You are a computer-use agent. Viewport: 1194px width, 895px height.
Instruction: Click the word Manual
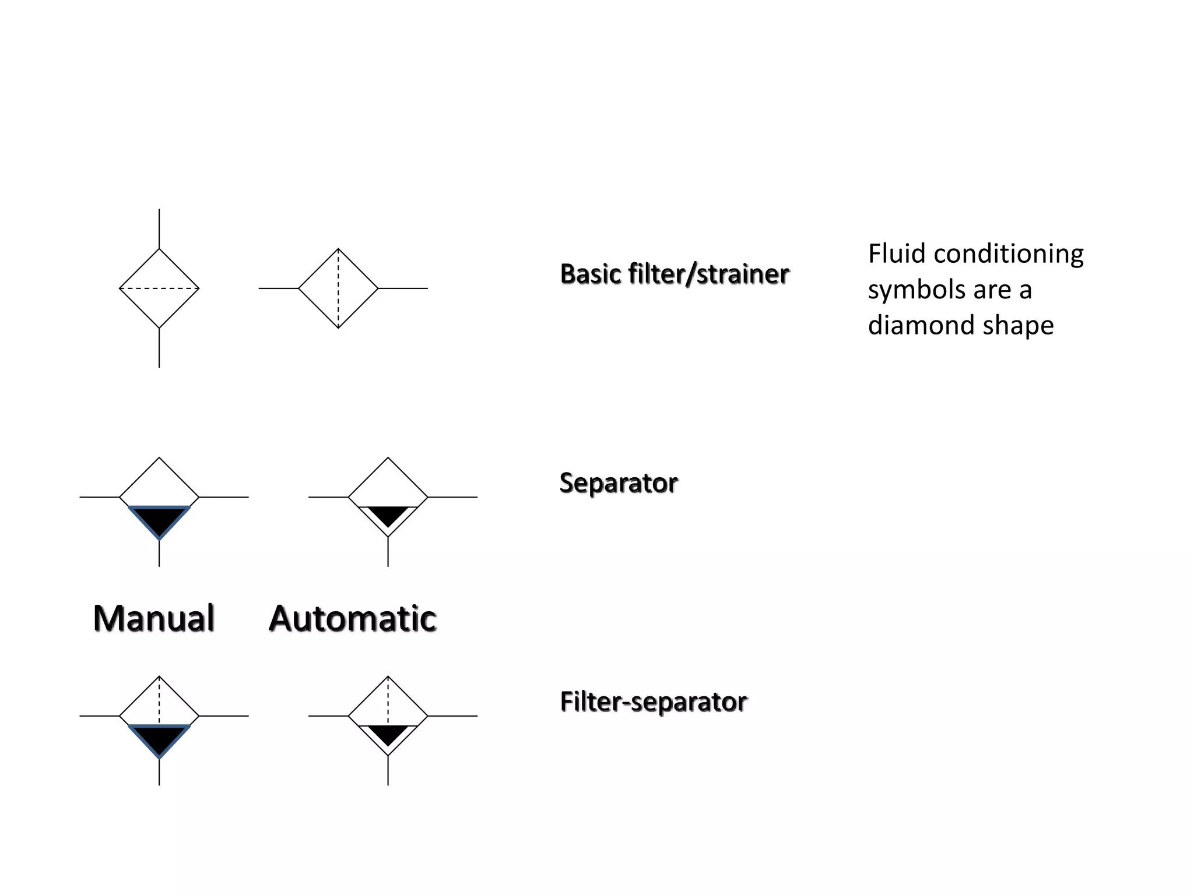154,618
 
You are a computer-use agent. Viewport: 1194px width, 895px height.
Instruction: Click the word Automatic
353,618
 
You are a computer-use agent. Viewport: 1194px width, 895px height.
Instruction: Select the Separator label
619,483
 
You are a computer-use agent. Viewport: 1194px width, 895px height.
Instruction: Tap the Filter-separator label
654,702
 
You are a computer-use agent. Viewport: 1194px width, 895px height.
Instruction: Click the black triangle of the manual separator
159,519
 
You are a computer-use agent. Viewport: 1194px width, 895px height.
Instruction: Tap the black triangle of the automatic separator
388,515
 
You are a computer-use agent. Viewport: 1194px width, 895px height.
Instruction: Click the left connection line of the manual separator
99,497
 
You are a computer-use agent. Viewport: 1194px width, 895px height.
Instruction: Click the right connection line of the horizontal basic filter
403,288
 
